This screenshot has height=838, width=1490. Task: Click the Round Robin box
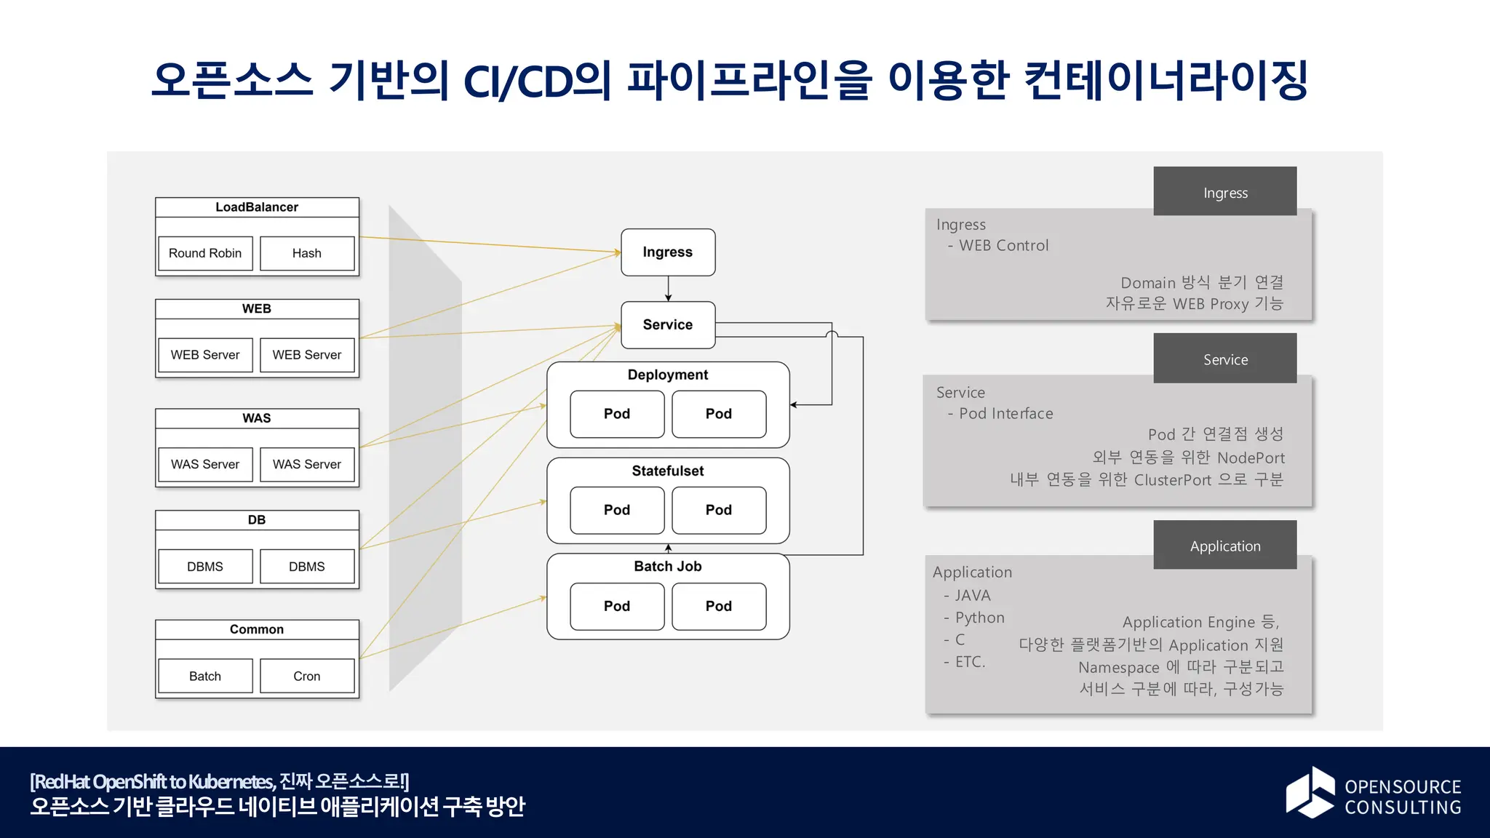click(205, 253)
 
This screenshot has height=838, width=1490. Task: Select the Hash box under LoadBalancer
click(307, 253)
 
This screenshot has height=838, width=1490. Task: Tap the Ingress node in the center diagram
click(668, 252)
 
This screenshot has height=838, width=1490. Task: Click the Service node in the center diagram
click(668, 324)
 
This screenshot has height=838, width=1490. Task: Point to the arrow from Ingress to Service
click(668, 289)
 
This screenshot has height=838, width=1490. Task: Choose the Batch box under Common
click(205, 676)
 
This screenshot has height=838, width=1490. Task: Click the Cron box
click(307, 676)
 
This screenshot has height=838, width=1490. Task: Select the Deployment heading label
click(668, 375)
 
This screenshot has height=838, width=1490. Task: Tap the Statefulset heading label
click(668, 471)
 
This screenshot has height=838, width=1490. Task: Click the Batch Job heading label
click(668, 566)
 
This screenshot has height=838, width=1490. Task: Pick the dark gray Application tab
click(1225, 546)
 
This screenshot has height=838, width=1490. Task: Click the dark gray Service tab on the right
click(1225, 359)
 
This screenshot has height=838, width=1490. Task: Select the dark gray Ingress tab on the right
click(1225, 192)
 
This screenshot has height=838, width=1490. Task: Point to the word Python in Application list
click(979, 618)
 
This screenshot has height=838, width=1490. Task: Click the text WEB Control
click(1003, 246)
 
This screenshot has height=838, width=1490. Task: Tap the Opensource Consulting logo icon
click(1310, 792)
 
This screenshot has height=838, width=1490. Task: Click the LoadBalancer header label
click(257, 207)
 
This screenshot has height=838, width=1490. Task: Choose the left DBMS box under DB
click(205, 566)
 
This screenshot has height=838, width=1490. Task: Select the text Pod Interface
click(1005, 413)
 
